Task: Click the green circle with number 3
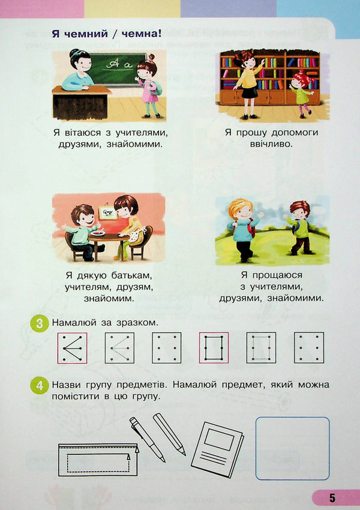pos(39,324)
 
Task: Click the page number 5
pos(332,497)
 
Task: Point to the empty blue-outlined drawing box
pos(293,448)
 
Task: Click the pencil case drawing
pos(98,460)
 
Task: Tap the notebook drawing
pos(217,447)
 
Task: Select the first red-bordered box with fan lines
pos(72,348)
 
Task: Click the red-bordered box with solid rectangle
pos(214,348)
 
